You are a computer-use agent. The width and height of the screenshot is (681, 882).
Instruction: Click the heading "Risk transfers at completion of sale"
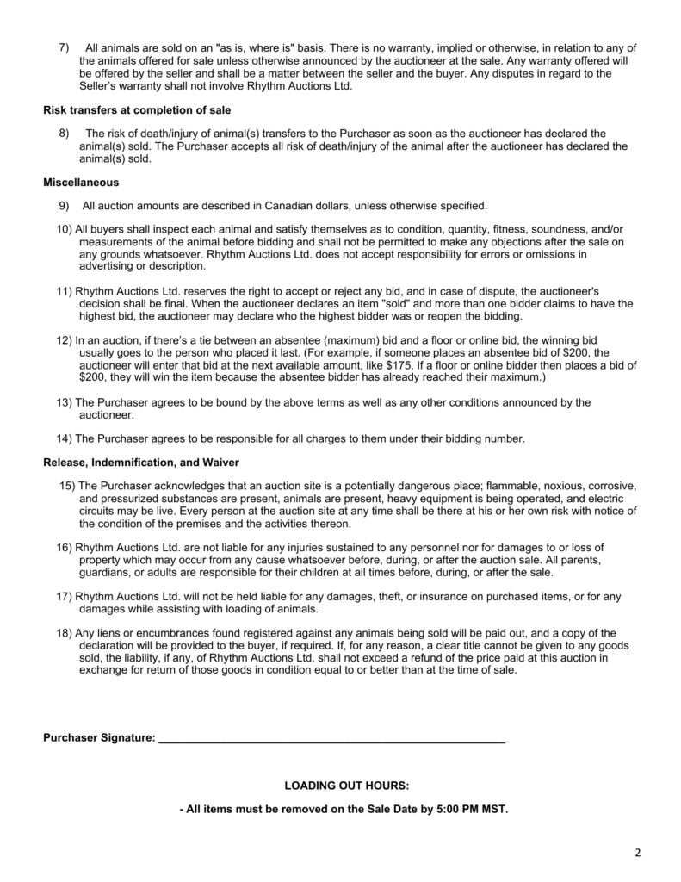tap(137, 110)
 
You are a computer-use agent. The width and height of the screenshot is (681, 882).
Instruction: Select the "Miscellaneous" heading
tap(81, 183)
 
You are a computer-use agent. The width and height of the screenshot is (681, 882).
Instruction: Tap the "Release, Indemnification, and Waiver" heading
tap(141, 463)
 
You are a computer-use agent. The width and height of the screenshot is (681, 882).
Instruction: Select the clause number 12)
tap(65, 342)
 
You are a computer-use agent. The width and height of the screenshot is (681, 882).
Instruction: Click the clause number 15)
tap(68, 487)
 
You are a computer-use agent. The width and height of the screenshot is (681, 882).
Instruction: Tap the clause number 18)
tap(65, 633)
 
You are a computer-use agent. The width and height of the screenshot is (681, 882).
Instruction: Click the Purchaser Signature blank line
tap(332, 738)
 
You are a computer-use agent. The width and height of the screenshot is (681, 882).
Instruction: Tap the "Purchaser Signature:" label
tap(100, 738)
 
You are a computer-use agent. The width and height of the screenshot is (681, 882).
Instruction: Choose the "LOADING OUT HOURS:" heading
tap(346, 786)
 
